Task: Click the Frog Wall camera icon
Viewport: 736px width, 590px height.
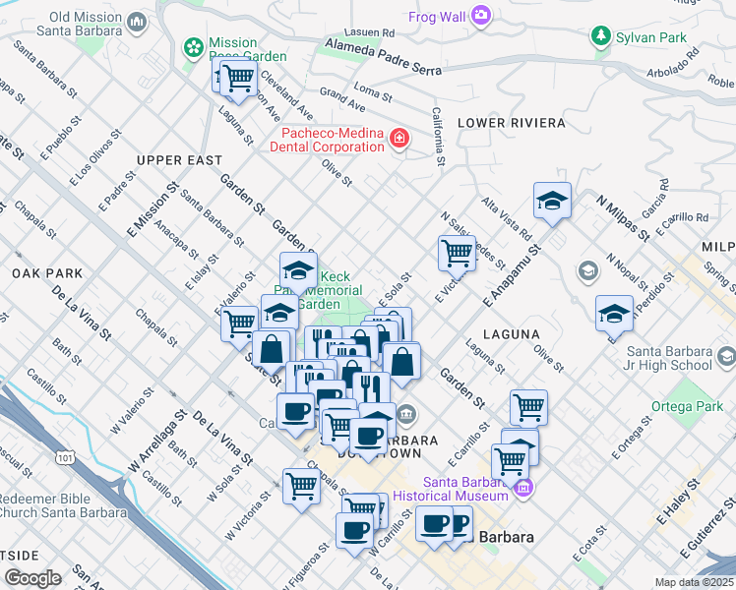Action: tap(481, 14)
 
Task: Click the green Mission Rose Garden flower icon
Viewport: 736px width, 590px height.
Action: tap(193, 47)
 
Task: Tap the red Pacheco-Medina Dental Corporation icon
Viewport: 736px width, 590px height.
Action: tap(399, 139)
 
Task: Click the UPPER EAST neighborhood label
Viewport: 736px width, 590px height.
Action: tap(179, 160)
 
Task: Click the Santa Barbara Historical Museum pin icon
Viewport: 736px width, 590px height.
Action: tap(522, 488)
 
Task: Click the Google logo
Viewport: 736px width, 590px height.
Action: tap(32, 578)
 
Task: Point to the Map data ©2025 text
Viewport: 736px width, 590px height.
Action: tap(694, 582)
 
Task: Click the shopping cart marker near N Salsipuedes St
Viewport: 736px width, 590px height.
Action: tap(457, 253)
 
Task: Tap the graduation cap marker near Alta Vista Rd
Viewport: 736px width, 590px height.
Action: tap(553, 201)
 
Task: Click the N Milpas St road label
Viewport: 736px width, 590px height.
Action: tap(623, 216)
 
